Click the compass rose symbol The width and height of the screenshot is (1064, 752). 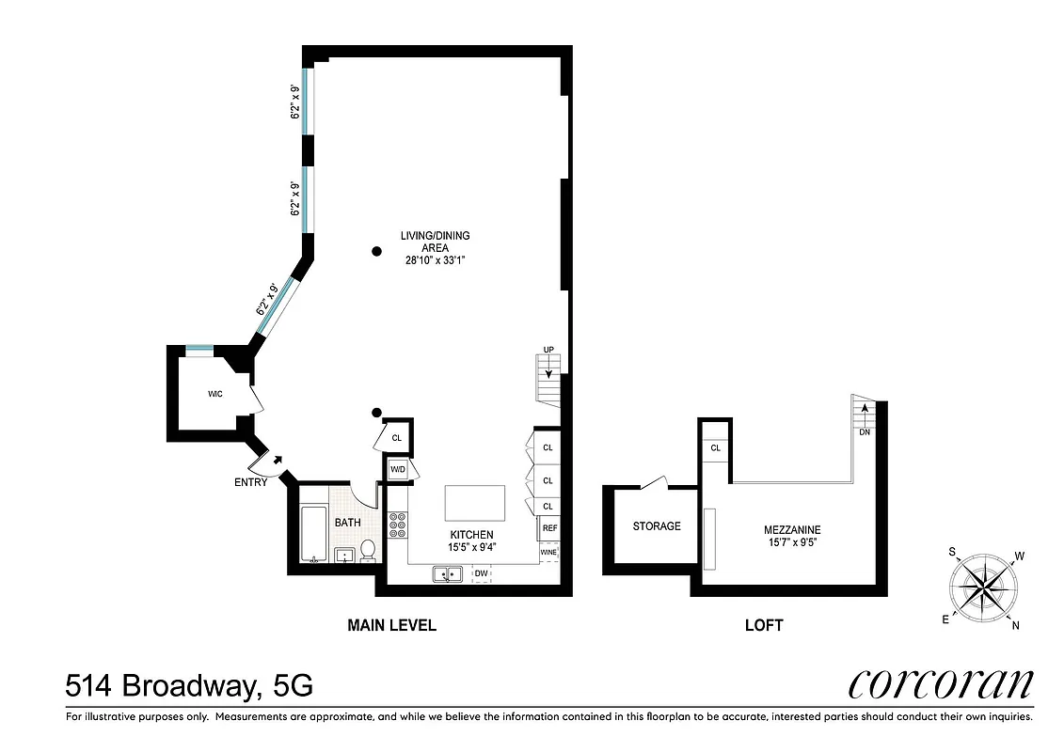coord(985,588)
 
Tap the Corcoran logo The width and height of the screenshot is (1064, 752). coord(941,683)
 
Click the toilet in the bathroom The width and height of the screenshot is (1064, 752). coord(368,551)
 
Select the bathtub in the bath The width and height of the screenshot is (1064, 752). coord(314,534)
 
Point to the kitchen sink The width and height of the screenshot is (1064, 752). coord(446,573)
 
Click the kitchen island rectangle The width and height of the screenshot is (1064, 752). coord(475,503)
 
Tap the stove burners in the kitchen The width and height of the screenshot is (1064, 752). coord(397,524)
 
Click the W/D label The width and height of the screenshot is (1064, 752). coord(397,469)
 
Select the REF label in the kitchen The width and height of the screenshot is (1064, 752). coord(549,529)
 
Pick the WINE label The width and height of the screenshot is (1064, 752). coord(548,552)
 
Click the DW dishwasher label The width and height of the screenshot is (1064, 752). coord(480,573)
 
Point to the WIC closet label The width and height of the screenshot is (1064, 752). coord(214,394)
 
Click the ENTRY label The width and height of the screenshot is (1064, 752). coord(251,482)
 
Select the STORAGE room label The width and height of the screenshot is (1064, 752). coord(657,526)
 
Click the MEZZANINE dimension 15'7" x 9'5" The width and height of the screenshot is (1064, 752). coord(792,542)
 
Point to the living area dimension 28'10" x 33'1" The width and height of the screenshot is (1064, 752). coord(435,260)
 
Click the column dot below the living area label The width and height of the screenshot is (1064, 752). coord(376,251)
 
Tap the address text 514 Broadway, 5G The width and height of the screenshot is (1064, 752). coord(189,684)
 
